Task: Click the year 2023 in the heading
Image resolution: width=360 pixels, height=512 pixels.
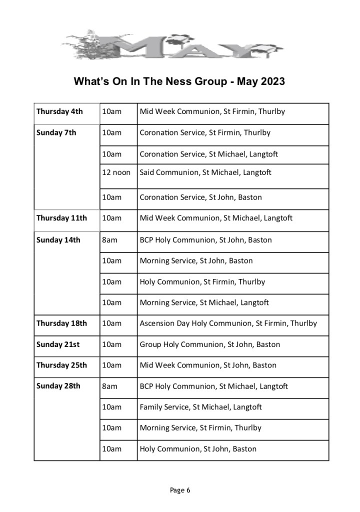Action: [272, 81]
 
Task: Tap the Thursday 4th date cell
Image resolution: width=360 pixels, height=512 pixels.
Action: [59, 111]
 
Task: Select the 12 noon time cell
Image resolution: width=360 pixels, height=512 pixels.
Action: [116, 172]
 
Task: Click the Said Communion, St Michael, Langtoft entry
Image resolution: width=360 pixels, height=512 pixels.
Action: [205, 172]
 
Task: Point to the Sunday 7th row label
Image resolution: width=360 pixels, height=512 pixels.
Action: [56, 133]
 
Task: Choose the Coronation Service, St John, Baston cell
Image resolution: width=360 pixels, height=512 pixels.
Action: [200, 197]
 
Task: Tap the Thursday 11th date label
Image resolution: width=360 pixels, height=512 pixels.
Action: [61, 218]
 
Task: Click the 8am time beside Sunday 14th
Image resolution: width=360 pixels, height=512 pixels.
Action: [109, 240]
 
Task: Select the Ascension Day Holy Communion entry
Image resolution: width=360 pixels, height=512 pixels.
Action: [228, 323]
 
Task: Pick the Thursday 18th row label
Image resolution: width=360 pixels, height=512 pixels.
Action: [61, 323]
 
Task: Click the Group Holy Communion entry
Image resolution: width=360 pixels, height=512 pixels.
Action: [209, 344]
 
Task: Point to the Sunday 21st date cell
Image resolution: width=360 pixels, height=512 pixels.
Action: [58, 344]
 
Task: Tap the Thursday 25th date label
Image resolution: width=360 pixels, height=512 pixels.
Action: [61, 365]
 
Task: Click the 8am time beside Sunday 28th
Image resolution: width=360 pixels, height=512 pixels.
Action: [109, 386]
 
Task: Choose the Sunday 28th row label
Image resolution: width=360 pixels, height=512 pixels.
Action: [58, 386]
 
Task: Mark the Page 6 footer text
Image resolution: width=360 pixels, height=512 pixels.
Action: [180, 490]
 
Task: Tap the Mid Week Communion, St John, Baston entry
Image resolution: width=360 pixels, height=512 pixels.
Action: [208, 365]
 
